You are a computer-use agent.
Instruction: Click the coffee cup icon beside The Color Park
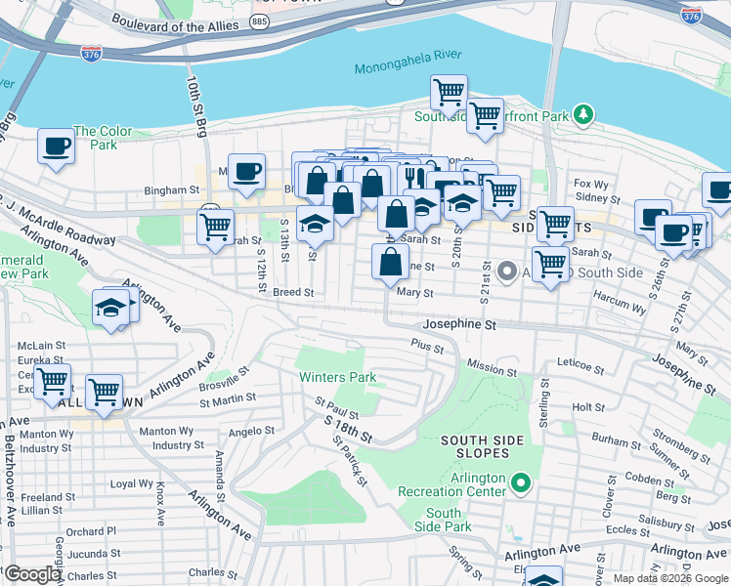[x=56, y=146]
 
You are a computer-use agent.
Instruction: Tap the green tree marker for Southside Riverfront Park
[x=583, y=115]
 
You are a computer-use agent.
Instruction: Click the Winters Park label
[x=337, y=377]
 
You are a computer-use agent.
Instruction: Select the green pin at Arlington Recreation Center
[x=522, y=482]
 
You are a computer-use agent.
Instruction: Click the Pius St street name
[x=427, y=346]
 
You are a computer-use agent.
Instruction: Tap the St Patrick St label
[x=350, y=460]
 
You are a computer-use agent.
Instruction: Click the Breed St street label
[x=293, y=292]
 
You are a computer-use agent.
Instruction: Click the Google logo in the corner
[x=31, y=574]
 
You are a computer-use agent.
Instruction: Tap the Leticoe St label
[x=580, y=366]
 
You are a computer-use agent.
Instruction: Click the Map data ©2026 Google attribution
[x=670, y=578]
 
